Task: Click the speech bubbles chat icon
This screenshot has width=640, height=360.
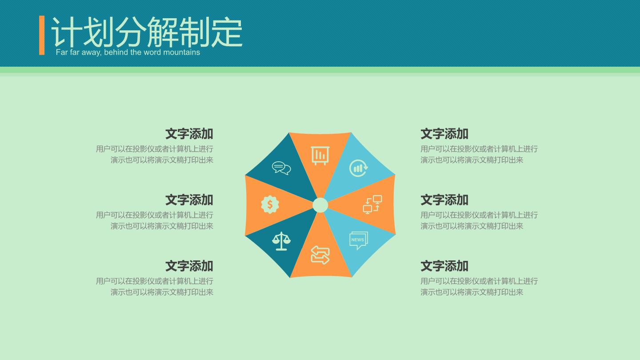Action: point(281,168)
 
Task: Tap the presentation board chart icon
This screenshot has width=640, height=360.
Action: point(320,156)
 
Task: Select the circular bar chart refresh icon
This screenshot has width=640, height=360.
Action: point(359,168)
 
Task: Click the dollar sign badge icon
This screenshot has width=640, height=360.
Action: point(270,204)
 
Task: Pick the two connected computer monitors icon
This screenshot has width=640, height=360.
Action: point(372,204)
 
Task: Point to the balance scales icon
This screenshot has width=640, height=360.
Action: point(281,241)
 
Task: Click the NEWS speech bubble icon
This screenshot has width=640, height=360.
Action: point(359,240)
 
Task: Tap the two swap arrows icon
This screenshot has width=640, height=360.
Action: point(320,255)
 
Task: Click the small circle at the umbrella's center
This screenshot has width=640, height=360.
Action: point(320,205)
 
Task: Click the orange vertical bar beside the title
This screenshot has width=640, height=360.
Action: point(42,35)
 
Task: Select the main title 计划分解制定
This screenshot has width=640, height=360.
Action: point(147,32)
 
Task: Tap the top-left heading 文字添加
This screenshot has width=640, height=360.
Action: point(189,134)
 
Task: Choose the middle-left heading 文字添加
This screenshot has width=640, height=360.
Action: point(189,200)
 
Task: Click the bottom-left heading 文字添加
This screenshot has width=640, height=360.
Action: point(189,266)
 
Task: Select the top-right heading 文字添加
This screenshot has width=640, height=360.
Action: point(444,134)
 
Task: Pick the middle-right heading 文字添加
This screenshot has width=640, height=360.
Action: point(444,200)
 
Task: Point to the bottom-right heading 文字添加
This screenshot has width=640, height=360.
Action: point(444,266)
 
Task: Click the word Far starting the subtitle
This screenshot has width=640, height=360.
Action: point(62,52)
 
